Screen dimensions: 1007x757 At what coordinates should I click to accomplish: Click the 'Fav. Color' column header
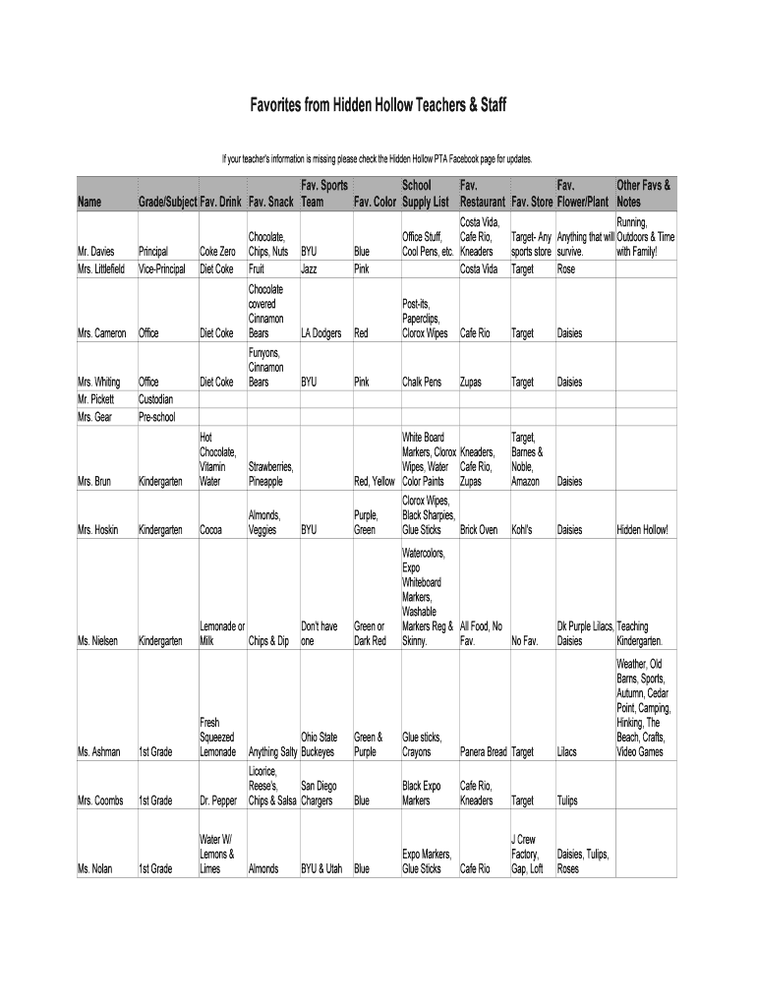(376, 203)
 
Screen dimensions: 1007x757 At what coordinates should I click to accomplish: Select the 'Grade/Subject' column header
(167, 203)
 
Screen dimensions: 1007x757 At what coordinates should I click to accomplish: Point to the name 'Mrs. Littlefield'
(102, 268)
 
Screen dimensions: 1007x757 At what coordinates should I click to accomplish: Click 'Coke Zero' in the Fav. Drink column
(217, 252)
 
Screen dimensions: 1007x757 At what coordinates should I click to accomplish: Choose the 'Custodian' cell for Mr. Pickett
(158, 399)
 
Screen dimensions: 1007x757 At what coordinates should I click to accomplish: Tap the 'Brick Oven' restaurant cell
(479, 530)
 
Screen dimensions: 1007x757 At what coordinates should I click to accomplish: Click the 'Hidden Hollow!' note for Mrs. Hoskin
(642, 530)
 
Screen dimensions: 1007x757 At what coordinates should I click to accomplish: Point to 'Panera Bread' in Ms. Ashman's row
(483, 752)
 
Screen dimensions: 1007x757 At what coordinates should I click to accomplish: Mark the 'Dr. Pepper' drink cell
(218, 800)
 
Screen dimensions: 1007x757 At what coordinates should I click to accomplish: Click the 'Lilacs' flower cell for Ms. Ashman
(568, 752)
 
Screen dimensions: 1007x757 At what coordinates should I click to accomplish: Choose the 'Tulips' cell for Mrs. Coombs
(569, 800)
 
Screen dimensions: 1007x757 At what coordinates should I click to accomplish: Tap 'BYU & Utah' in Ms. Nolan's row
(321, 869)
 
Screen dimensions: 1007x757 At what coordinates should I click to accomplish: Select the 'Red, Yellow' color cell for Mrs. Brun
(375, 482)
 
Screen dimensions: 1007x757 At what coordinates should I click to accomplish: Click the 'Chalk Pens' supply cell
(424, 382)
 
